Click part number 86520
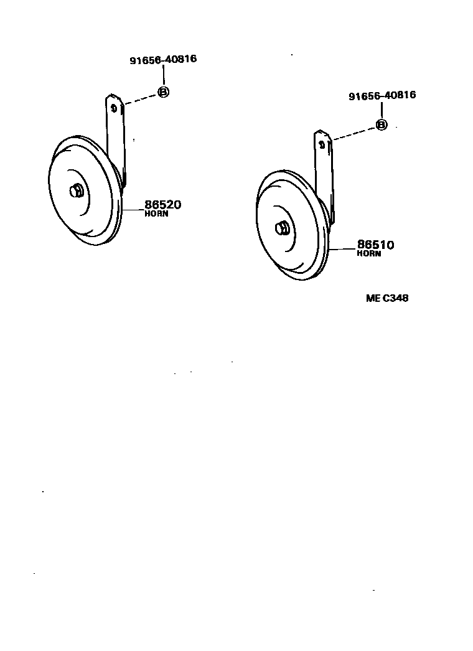pos(162,205)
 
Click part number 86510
pos(375,245)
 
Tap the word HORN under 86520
pos(156,214)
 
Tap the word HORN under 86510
pos(369,254)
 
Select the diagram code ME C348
pos(386,298)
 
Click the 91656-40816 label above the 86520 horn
pos(163,60)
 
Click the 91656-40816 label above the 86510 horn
pos(382,95)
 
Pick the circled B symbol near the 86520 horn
pos(163,92)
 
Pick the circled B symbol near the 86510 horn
pos(382,125)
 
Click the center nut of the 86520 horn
pos(77,191)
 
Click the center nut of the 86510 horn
pos(282,228)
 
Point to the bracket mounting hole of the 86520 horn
pos(114,107)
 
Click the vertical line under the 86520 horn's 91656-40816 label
pos(163,77)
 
